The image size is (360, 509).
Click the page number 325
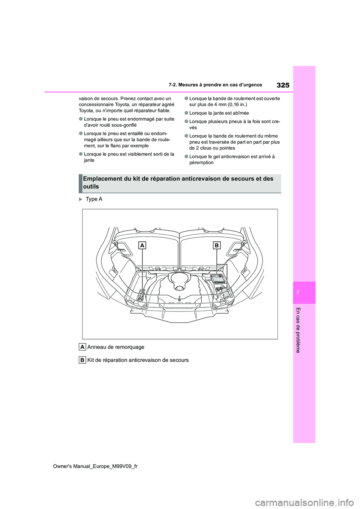coord(283,85)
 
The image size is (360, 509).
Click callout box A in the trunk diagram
coord(142,246)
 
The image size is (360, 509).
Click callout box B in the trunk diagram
coord(217,246)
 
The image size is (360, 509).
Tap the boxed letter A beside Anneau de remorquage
coord(82,347)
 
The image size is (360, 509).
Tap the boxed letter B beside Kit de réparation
coord(82,360)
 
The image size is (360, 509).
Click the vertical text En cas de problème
coord(298,330)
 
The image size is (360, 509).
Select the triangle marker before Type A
coord(81,199)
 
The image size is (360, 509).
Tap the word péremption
coord(201,163)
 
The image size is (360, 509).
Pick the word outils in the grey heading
coord(91,187)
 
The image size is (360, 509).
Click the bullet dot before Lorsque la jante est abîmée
coord(186,113)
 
